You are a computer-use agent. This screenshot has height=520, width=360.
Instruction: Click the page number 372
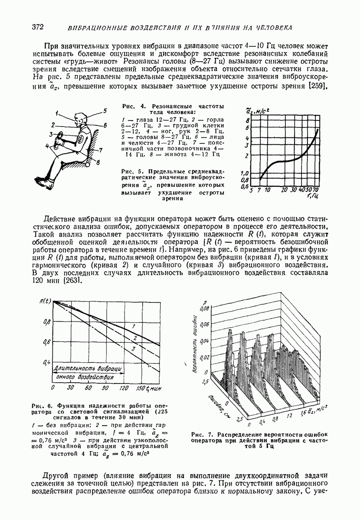pos(38,27)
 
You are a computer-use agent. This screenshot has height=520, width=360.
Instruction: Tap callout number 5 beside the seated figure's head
pos(105,111)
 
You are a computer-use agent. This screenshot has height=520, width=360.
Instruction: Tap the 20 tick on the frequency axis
pos(284,190)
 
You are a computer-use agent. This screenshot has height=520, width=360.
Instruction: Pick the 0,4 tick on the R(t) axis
pos(47,361)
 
